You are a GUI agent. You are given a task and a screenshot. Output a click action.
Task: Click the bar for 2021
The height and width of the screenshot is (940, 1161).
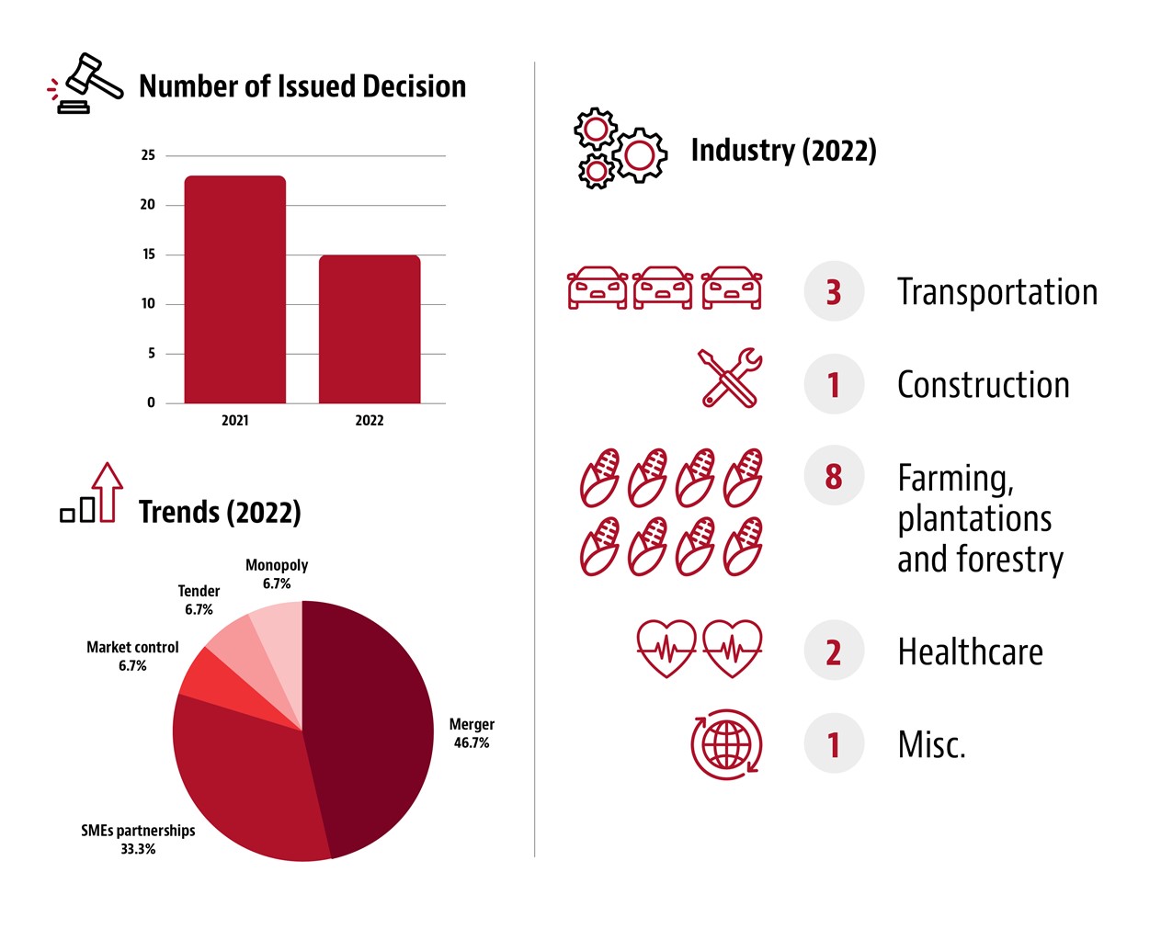[235, 289]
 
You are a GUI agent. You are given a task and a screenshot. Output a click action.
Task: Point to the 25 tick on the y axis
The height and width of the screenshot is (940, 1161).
[148, 155]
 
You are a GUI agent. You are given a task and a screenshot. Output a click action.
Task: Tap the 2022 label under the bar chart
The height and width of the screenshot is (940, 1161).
[370, 421]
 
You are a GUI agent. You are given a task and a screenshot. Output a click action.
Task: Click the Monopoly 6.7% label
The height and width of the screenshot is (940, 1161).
[277, 574]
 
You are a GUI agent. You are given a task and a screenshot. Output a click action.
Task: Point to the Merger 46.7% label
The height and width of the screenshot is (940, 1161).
[472, 733]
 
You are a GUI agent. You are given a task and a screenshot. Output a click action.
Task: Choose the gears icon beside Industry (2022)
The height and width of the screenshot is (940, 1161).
[620, 149]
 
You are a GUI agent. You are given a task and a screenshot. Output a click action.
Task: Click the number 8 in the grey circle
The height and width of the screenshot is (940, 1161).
[834, 476]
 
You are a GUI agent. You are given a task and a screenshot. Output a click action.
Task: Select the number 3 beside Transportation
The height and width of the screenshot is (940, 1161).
[834, 292]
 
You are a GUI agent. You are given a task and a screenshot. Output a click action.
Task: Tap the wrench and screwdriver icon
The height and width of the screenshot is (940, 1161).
[730, 377]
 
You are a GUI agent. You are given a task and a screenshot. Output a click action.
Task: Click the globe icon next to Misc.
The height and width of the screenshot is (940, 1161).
[727, 744]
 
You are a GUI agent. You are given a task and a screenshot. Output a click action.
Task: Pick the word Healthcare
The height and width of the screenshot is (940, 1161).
[970, 652]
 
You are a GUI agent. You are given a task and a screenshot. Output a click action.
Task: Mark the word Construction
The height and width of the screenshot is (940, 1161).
[983, 385]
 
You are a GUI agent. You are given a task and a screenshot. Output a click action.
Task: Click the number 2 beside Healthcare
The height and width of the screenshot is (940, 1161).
[834, 651]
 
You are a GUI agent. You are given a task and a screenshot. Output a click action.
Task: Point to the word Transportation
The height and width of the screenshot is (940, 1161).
[997, 292]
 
